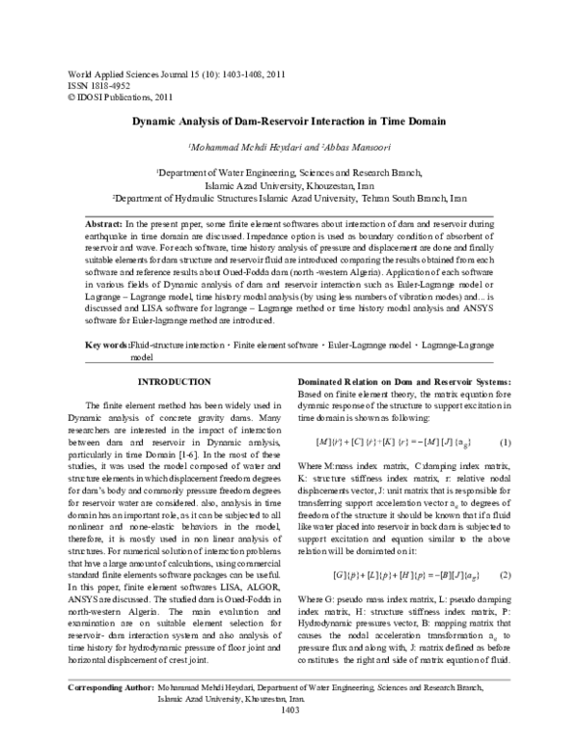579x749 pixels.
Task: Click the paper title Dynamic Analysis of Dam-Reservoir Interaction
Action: [289, 124]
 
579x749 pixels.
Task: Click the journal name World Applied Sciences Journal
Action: [119, 72]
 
